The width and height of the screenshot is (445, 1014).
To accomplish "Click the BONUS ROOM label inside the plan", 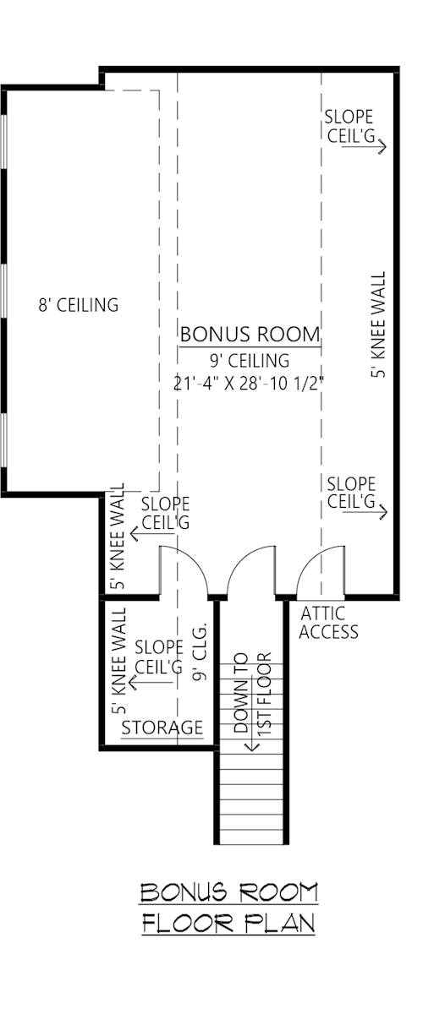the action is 250,335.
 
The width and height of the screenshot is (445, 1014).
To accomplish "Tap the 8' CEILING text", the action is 79,305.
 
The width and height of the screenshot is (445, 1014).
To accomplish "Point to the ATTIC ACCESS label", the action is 328,623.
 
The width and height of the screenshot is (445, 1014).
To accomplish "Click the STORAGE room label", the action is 162,728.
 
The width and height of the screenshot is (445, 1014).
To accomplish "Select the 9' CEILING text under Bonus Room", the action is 250,361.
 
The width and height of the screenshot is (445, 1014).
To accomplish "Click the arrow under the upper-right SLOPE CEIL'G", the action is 364,146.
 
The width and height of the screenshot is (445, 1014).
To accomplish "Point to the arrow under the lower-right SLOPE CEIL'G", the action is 365,512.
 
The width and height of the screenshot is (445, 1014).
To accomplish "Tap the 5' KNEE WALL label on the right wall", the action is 378,324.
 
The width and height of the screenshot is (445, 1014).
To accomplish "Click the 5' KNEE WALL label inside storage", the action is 118,661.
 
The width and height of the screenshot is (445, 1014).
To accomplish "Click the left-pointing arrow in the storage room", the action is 151,683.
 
